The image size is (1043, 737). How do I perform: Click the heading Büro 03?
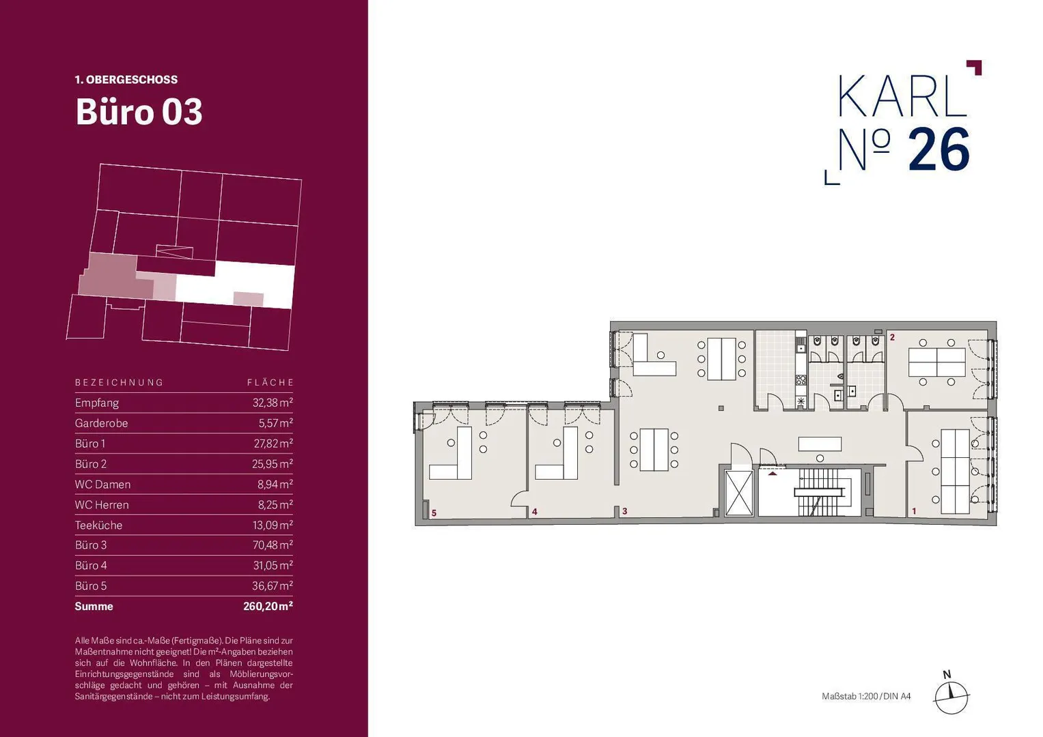pyautogui.click(x=139, y=112)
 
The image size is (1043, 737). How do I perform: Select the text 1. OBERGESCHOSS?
pyautogui.click(x=126, y=80)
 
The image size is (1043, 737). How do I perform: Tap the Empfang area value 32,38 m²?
pyautogui.click(x=273, y=403)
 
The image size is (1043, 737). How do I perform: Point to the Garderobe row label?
pyautogui.click(x=102, y=423)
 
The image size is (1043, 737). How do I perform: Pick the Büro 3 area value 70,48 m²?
pyautogui.click(x=273, y=545)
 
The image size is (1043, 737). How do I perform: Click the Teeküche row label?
pyautogui.click(x=99, y=525)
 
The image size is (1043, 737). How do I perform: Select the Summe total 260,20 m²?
pyautogui.click(x=268, y=606)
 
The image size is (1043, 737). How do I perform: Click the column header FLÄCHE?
pyautogui.click(x=270, y=382)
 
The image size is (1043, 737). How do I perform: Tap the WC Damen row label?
pyautogui.click(x=103, y=485)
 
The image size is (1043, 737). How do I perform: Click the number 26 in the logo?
pyautogui.click(x=938, y=150)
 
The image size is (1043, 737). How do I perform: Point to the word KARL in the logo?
pyautogui.click(x=902, y=96)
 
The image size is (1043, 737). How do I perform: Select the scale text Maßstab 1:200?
pyautogui.click(x=850, y=697)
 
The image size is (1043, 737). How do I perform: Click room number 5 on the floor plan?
pyautogui.click(x=434, y=513)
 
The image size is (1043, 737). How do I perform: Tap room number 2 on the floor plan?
pyautogui.click(x=893, y=337)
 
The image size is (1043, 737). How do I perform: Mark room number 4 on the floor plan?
pyautogui.click(x=535, y=512)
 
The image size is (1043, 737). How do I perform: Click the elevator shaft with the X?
pyautogui.click(x=740, y=493)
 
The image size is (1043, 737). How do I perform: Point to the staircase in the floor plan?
pyautogui.click(x=821, y=492)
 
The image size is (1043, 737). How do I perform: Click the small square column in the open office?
pyautogui.click(x=721, y=408)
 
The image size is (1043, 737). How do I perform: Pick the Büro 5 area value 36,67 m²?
pyautogui.click(x=273, y=586)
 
